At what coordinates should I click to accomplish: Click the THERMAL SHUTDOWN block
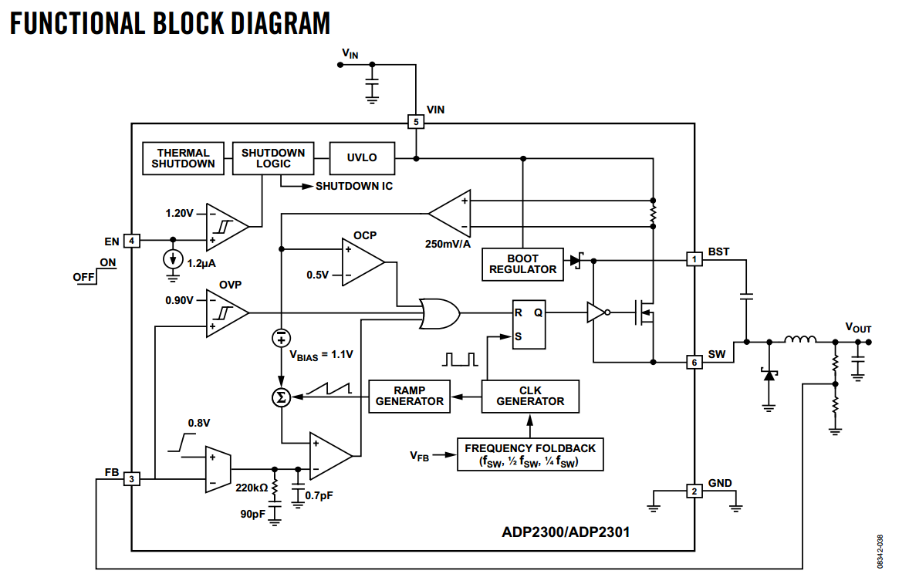[183, 158]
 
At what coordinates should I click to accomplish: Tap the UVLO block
[362, 158]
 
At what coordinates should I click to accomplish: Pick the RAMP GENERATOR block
[409, 396]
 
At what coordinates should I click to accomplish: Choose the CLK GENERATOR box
[530, 396]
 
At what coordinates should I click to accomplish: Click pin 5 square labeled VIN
[416, 122]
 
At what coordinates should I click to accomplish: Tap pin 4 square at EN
[132, 241]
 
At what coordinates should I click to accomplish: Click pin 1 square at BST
[694, 259]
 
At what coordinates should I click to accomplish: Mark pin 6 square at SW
[694, 362]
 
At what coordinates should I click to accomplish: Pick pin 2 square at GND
[694, 491]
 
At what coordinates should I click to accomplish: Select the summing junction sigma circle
[281, 397]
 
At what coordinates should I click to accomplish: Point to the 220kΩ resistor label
[252, 488]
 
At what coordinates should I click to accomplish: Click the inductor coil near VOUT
[801, 339]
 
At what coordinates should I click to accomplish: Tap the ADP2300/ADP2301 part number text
[566, 532]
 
